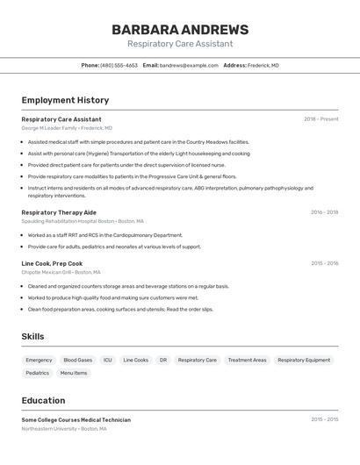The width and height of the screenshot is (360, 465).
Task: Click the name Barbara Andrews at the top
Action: click(x=180, y=30)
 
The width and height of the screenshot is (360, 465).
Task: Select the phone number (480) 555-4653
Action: click(x=119, y=65)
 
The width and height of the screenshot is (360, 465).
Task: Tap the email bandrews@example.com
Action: click(x=189, y=65)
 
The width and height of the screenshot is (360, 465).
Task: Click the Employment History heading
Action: click(x=65, y=100)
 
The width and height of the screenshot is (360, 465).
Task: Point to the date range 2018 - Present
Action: click(x=320, y=119)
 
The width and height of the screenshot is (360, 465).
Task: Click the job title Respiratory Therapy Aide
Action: click(x=59, y=212)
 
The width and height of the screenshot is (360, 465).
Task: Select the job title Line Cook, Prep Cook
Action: click(x=52, y=263)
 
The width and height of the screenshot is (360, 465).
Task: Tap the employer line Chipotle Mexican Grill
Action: click(x=61, y=272)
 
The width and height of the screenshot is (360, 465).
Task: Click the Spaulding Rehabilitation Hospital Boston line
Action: click(x=82, y=221)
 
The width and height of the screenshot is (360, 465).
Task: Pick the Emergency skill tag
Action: click(x=39, y=360)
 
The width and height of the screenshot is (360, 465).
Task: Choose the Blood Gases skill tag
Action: click(x=77, y=360)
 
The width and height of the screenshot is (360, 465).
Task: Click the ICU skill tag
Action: click(x=108, y=360)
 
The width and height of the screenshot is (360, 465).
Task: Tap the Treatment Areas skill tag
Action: click(x=247, y=360)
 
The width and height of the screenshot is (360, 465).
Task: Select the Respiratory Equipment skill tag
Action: click(x=304, y=360)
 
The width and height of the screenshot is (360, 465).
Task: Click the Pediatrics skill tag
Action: click(x=38, y=373)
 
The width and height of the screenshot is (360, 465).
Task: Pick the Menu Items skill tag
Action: click(x=74, y=373)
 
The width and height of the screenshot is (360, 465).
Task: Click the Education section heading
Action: click(x=43, y=400)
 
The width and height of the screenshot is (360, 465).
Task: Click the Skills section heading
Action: click(x=32, y=337)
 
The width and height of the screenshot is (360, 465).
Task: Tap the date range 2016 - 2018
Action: click(x=324, y=212)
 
